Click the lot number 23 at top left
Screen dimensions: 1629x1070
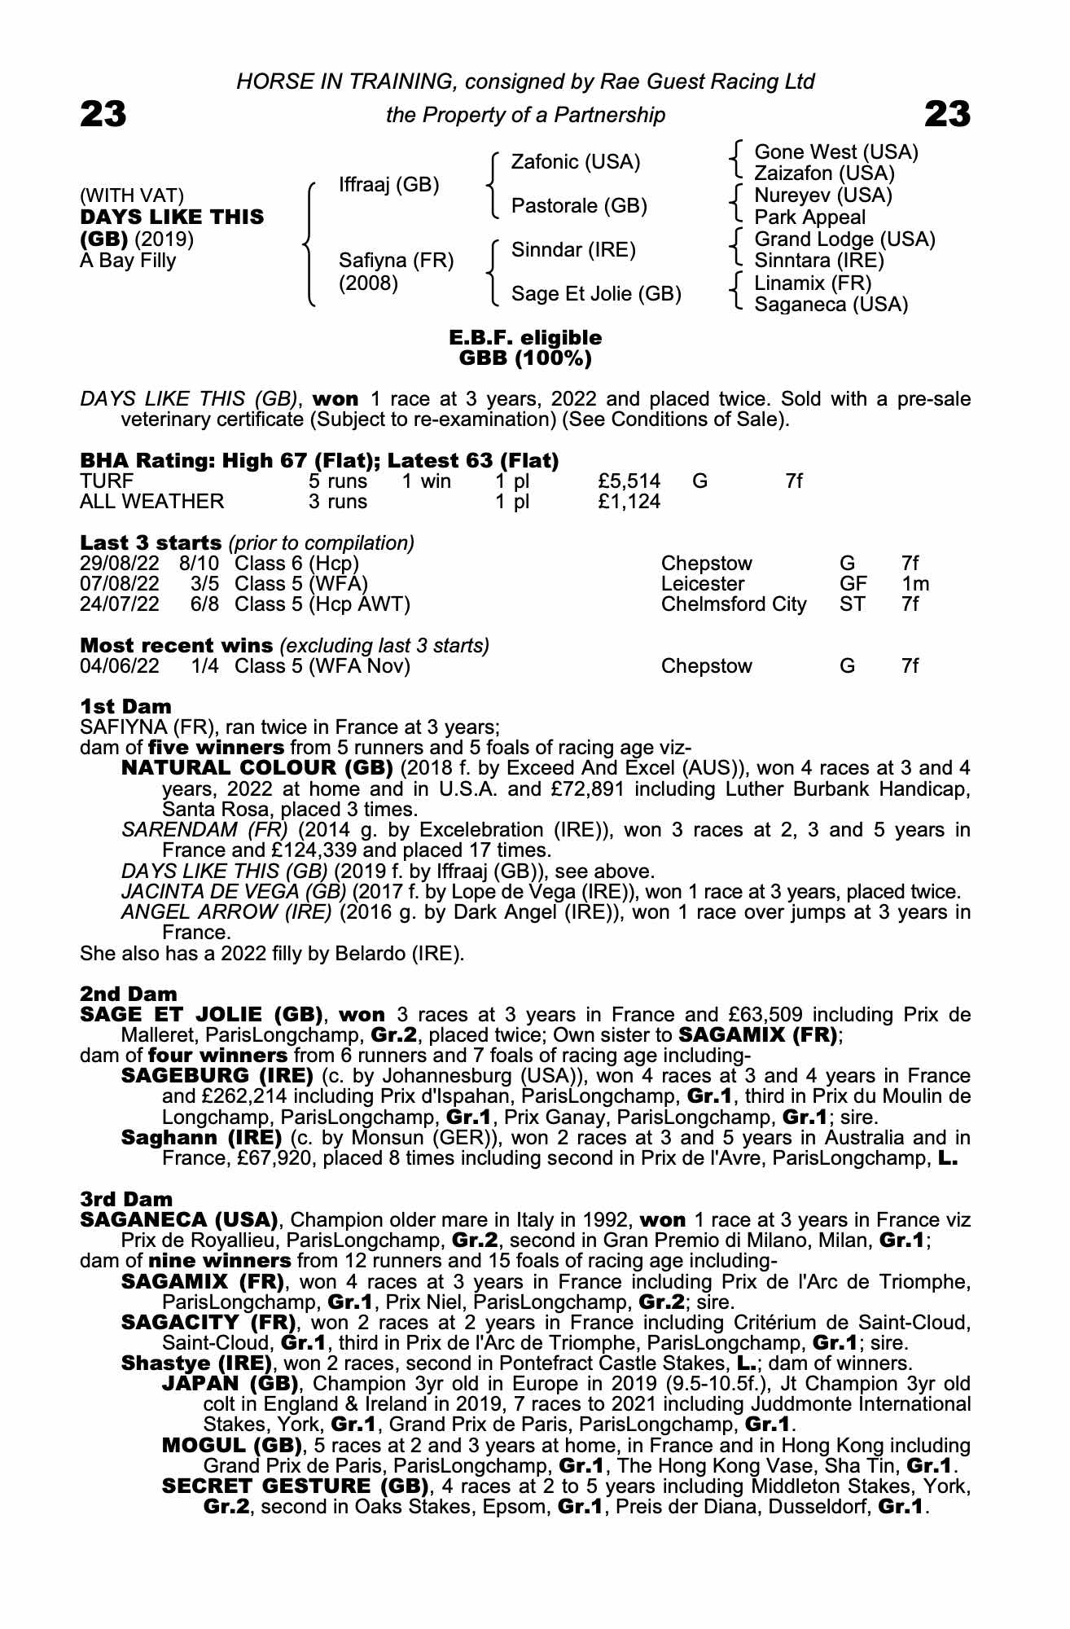coord(103,114)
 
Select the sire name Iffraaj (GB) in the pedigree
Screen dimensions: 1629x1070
coord(388,185)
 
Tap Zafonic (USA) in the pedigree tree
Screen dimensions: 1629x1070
coord(575,162)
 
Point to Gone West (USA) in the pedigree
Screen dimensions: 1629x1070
coord(835,152)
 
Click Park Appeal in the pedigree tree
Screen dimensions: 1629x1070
coord(809,217)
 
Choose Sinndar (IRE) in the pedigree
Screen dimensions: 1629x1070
coord(572,250)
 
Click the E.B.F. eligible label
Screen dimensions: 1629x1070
coord(525,337)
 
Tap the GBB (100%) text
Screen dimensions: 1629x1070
coord(525,358)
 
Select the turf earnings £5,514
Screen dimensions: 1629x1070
coord(629,481)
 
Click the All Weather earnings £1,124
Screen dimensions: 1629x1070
coord(629,502)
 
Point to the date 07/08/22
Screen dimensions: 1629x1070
coord(120,584)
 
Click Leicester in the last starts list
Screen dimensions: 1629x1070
coord(702,584)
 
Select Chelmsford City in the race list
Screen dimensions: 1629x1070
coord(733,604)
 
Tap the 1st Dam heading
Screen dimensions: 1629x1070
coord(125,706)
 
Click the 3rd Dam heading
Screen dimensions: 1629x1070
coord(126,1199)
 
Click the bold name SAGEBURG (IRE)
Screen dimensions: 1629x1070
coord(217,1076)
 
